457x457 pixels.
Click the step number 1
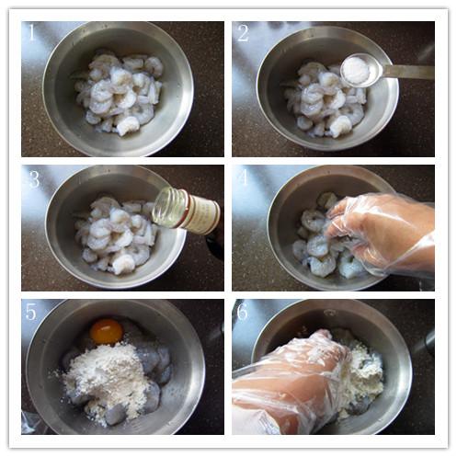[32, 32]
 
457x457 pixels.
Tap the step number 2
[243, 33]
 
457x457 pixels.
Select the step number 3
[34, 179]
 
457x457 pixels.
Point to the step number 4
[244, 177]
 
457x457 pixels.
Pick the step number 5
[30, 312]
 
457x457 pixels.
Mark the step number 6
[243, 312]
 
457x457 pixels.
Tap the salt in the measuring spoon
[357, 69]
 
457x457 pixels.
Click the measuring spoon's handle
[408, 72]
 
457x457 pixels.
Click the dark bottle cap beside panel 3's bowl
[214, 246]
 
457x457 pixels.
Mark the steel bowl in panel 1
[118, 89]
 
